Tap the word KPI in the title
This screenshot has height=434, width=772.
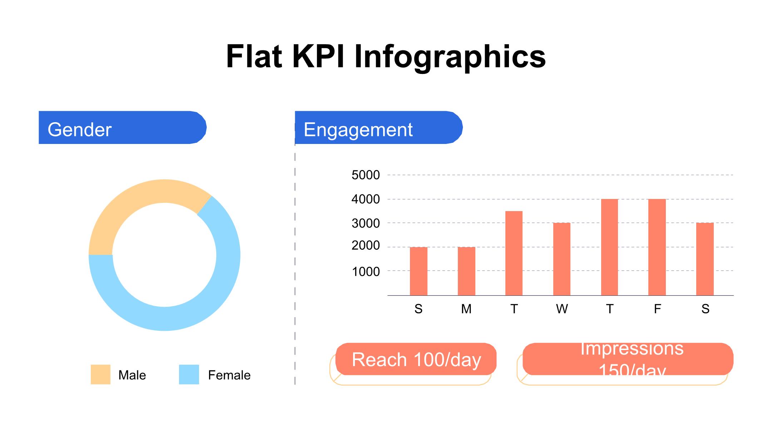(x=318, y=56)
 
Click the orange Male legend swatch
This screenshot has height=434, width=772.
(x=100, y=374)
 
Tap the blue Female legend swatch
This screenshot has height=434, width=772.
(x=189, y=374)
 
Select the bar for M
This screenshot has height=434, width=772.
(x=466, y=271)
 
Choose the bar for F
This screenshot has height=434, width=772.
(x=657, y=247)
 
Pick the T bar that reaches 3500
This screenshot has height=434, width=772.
(x=514, y=253)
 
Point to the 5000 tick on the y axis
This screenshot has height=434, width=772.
(x=366, y=175)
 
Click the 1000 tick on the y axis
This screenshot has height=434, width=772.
(x=366, y=272)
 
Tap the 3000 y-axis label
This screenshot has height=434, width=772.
(x=366, y=223)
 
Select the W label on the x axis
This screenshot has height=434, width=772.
(x=562, y=309)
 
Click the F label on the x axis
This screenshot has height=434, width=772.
(x=657, y=309)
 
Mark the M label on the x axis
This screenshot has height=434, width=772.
(x=466, y=309)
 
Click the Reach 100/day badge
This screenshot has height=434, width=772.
(x=416, y=359)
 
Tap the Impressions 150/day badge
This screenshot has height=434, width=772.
(x=628, y=359)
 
